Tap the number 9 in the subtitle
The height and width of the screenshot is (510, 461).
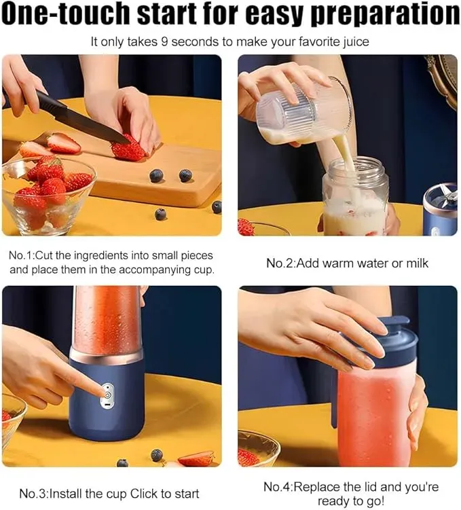tap(164, 42)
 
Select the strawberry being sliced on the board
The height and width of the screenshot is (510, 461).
tap(127, 149)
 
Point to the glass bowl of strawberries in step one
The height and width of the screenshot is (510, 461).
tap(48, 194)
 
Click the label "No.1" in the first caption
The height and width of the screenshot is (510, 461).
tap(21, 255)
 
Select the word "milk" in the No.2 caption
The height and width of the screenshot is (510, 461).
tap(417, 263)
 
